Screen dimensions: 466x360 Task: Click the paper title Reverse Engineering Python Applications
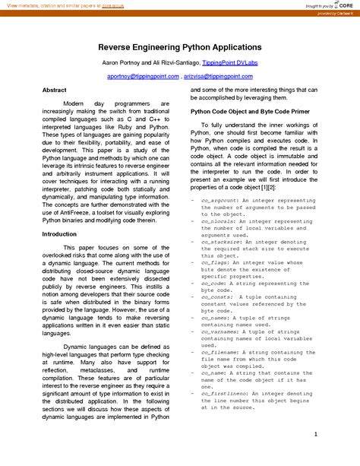tap(179, 46)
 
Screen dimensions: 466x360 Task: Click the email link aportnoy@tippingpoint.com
tap(141, 77)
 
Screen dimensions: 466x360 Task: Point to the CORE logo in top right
tap(338, 5)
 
